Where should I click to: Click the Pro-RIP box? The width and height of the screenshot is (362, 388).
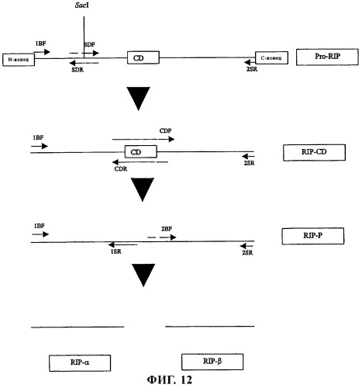[x=327, y=57]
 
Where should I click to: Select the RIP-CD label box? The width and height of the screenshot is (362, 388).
[x=314, y=152]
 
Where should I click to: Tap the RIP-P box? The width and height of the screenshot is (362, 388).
[x=313, y=236]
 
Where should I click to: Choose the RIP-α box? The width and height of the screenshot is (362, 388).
[x=80, y=363]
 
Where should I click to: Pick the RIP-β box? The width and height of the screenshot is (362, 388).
[x=212, y=362]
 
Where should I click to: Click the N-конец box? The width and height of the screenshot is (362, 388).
[x=19, y=60]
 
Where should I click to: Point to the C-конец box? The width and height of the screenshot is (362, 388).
[x=271, y=57]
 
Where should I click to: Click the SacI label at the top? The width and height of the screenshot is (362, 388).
[x=82, y=5]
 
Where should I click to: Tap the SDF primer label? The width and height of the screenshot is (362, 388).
[x=89, y=45]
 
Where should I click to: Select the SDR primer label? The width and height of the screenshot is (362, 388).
[x=78, y=70]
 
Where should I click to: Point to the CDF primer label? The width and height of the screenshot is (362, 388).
[x=165, y=131]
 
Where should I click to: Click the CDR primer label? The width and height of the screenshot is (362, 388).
[x=121, y=169]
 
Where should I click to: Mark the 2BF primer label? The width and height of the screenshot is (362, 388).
[x=167, y=229]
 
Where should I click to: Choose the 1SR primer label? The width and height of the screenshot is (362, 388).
[x=116, y=251]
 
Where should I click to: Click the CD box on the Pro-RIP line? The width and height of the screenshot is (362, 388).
[x=143, y=57]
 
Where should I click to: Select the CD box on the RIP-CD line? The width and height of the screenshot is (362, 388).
[x=141, y=151]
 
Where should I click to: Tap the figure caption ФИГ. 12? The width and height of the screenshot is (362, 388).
[x=170, y=380]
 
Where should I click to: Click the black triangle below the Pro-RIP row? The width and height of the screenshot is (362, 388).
[x=138, y=97]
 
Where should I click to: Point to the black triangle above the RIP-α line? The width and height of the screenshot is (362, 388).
[x=143, y=274]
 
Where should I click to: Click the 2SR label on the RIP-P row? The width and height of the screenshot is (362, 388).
[x=247, y=252]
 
